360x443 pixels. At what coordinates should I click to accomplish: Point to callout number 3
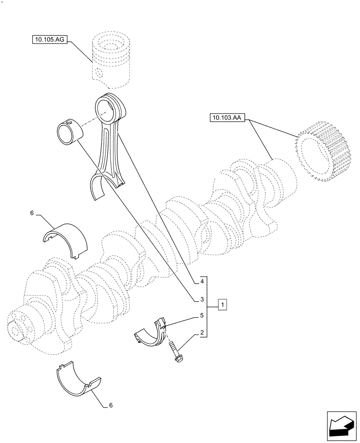click(x=202, y=300)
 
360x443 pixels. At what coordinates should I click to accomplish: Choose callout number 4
click(x=202, y=281)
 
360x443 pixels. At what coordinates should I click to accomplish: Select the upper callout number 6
click(x=32, y=213)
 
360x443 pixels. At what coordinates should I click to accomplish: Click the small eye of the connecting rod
click(x=108, y=109)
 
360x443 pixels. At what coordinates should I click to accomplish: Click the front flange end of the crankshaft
click(x=20, y=328)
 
